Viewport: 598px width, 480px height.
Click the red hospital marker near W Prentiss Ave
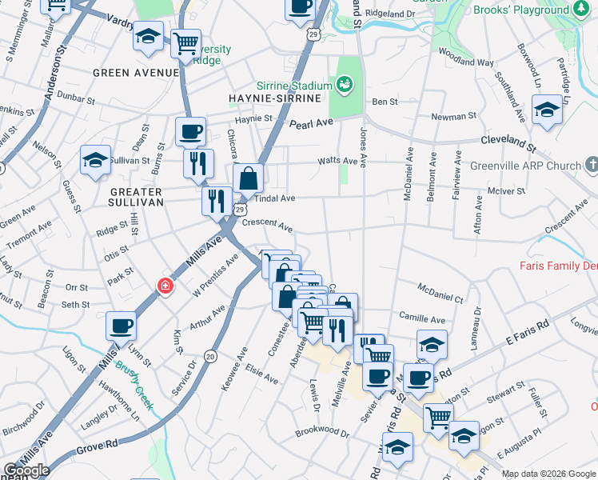click(165, 286)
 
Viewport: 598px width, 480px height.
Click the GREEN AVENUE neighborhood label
click(135, 73)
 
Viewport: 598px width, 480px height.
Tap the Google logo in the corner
click(26, 470)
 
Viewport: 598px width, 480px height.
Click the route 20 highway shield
click(210, 355)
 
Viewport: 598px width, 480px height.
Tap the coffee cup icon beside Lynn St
click(121, 326)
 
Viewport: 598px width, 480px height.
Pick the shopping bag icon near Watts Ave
click(248, 178)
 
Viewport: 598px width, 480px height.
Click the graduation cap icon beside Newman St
click(547, 110)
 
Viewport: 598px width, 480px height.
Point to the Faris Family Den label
click(558, 266)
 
